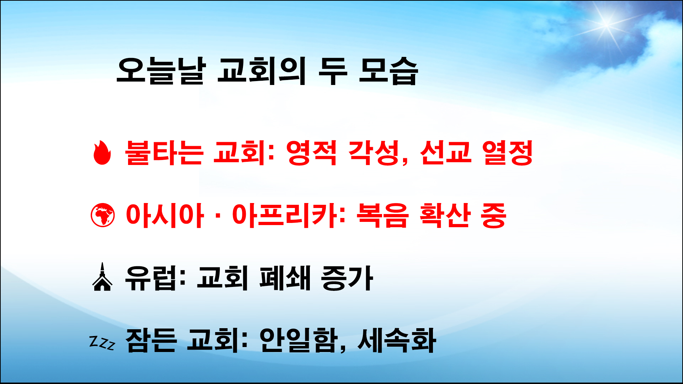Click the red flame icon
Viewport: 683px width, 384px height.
[x=102, y=153]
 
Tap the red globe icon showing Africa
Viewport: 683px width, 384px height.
[x=103, y=215]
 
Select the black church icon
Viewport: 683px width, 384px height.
[x=102, y=278]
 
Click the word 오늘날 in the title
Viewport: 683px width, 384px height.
[x=161, y=71]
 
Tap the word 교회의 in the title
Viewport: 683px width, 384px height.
[x=261, y=71]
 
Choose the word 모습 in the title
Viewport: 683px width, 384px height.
[x=388, y=71]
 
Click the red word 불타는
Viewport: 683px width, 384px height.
[x=164, y=153]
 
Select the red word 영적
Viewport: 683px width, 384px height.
[x=311, y=153]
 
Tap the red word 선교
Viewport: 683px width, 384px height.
[x=446, y=153]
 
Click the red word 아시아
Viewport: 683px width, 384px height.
[x=165, y=215]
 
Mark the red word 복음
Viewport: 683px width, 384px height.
[x=382, y=215]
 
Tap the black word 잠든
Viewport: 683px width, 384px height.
[x=151, y=340]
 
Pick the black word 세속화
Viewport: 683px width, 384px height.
[x=397, y=340]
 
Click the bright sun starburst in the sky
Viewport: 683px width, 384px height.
[x=607, y=23]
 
